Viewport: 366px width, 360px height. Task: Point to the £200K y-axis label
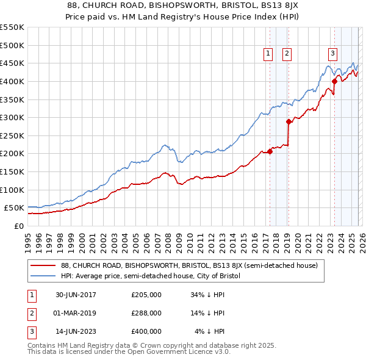(12, 154)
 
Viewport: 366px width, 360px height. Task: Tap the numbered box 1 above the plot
(268, 54)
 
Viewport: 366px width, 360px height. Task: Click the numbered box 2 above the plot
(287, 54)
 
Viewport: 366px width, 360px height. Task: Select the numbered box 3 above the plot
(332, 54)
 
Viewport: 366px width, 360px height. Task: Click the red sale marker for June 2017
(270, 151)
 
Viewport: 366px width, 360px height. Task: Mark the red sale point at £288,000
(288, 121)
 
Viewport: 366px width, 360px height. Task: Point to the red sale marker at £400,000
(334, 81)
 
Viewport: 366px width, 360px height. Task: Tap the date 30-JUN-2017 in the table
(76, 295)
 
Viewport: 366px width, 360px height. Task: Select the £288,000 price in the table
(146, 313)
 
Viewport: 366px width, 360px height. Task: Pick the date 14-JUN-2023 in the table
(76, 331)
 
